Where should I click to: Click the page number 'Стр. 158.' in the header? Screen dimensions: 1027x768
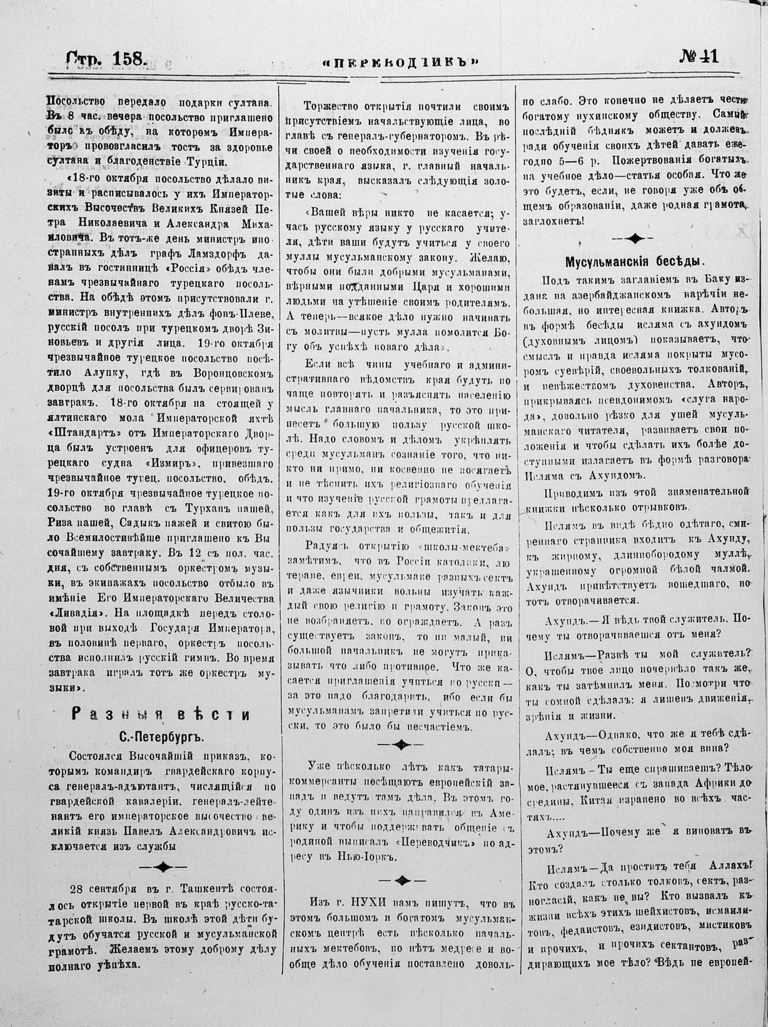[106, 59]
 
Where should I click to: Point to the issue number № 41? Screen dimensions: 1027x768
[699, 58]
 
